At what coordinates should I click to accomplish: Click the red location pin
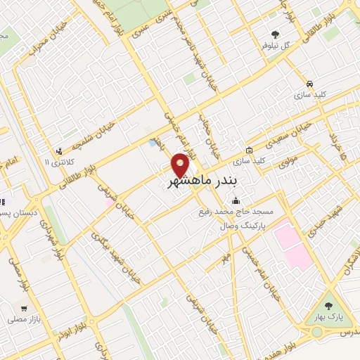(181, 165)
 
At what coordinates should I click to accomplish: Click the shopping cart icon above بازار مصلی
(25, 307)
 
